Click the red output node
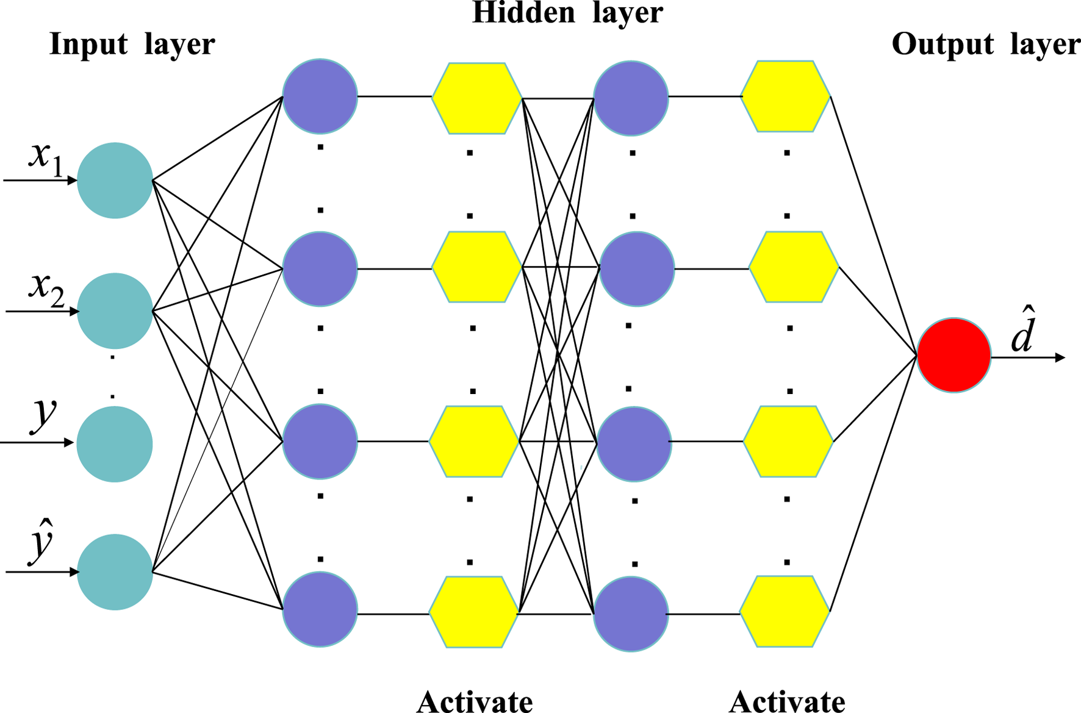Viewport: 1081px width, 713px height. point(954,355)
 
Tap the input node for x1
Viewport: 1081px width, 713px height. point(115,181)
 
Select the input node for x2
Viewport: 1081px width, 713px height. point(115,311)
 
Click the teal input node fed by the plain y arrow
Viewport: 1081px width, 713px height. point(115,444)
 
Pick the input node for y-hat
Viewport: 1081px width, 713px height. point(115,572)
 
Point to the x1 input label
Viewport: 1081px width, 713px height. point(46,157)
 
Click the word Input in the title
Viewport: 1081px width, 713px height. point(88,44)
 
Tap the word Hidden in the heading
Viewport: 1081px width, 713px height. point(523,13)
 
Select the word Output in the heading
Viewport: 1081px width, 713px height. point(943,44)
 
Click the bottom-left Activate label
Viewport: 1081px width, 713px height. point(475,701)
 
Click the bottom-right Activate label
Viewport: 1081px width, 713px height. point(787,701)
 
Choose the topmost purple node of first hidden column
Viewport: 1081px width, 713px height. point(320,96)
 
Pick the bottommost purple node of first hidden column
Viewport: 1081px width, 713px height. point(320,609)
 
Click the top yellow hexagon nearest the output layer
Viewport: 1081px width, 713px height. point(786,96)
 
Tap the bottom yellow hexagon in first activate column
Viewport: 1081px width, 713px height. point(474,612)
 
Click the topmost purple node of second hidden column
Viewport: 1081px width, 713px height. point(631,98)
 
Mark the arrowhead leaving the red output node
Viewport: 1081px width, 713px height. point(1060,357)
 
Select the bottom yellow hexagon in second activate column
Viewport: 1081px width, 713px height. point(785,611)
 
